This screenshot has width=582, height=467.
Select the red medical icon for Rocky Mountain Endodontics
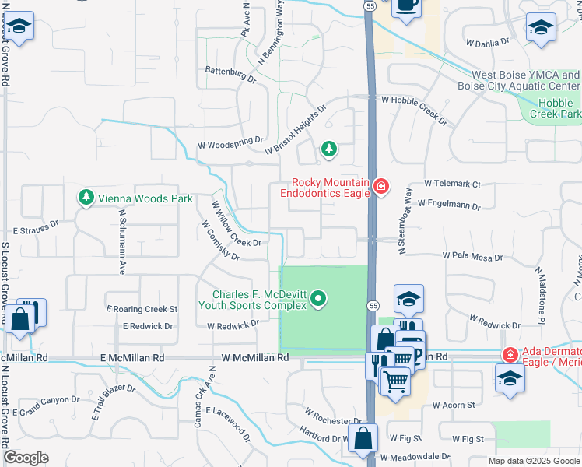click(x=380, y=186)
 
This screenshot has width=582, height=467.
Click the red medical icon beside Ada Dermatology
click(x=510, y=355)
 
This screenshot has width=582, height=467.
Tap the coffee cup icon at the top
click(x=405, y=6)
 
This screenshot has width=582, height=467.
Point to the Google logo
click(x=26, y=458)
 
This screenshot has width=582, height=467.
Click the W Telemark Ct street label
click(x=453, y=184)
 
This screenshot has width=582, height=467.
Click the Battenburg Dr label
click(x=230, y=74)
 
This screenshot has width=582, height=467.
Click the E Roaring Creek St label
click(x=142, y=309)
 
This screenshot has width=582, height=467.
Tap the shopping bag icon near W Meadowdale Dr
click(x=363, y=437)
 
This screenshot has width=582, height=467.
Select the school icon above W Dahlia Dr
click(x=541, y=27)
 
